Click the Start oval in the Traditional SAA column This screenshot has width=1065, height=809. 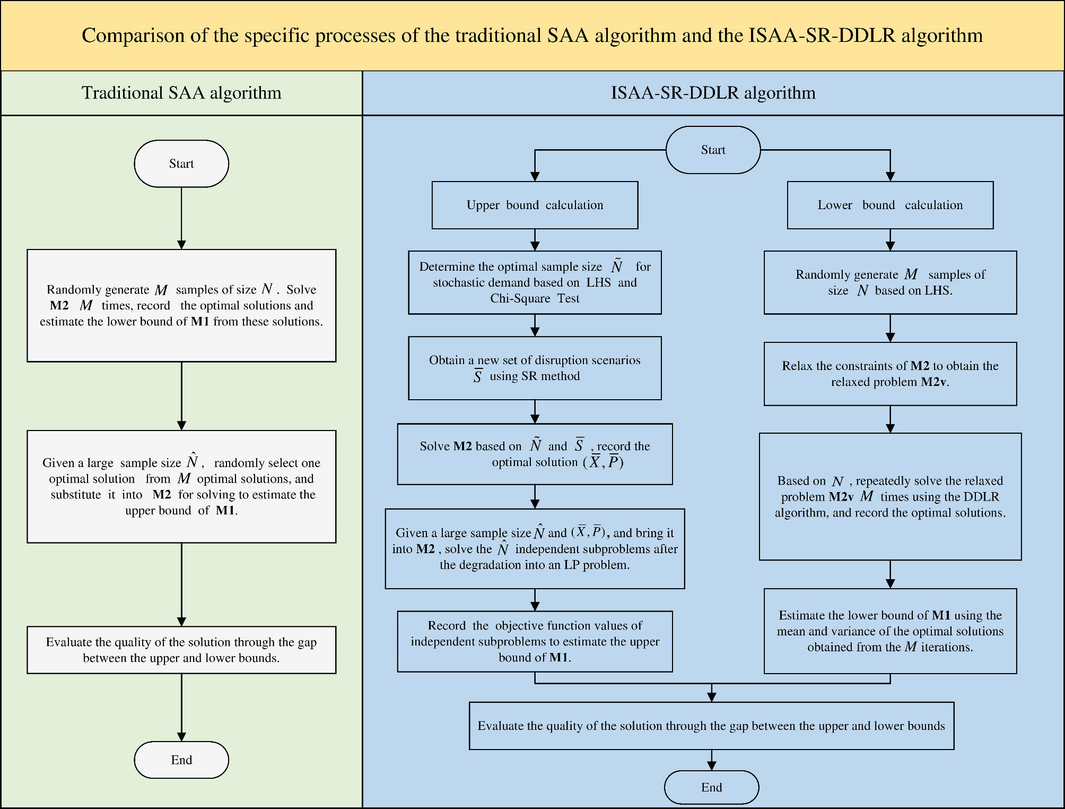coord(181,163)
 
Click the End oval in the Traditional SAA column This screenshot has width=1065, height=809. coord(181,760)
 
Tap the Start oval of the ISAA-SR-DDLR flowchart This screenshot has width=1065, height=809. coord(713,150)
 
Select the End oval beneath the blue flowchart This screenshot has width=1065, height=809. coord(711,787)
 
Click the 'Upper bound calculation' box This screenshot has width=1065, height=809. coord(535,205)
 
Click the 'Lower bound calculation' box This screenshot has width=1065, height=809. coord(890,205)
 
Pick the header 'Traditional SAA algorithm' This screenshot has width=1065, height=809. coord(181,93)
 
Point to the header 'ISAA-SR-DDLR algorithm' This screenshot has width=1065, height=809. coord(713,93)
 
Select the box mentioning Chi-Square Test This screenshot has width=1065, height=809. coord(535,282)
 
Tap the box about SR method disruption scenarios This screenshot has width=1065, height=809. coord(535,368)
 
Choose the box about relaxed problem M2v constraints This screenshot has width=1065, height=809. coord(890,374)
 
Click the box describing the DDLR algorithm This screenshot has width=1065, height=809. coord(890,496)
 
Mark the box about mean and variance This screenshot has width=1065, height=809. coord(890,631)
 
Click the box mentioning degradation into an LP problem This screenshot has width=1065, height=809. coord(535,549)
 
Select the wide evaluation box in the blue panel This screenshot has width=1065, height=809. coord(711,726)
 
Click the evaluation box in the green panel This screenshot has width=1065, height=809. coord(181,650)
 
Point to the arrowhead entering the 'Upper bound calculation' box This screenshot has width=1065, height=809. coord(535,177)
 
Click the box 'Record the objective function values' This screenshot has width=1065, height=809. coord(535,641)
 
